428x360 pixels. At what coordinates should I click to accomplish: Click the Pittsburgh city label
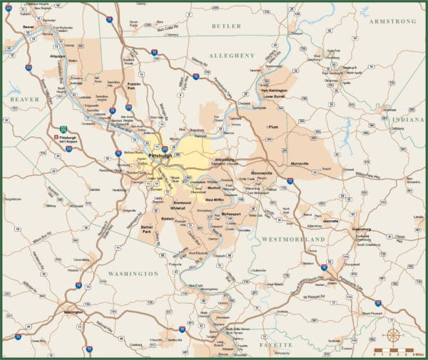pyautogui.click(x=158, y=155)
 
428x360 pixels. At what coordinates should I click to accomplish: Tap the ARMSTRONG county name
pyautogui.click(x=392, y=21)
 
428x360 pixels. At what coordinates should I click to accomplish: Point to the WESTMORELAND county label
pyautogui.click(x=294, y=240)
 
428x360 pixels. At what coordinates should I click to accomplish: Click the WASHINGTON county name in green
pyautogui.click(x=133, y=273)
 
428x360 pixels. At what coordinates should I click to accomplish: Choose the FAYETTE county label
pyautogui.click(x=275, y=344)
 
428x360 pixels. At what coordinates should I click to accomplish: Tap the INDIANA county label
pyautogui.click(x=412, y=120)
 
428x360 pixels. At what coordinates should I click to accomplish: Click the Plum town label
pyautogui.click(x=272, y=127)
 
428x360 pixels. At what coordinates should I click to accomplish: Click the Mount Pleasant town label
pyautogui.click(x=372, y=312)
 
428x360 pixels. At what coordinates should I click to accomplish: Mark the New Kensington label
pyautogui.click(x=275, y=91)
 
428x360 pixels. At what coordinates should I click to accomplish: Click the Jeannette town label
pyautogui.click(x=331, y=221)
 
